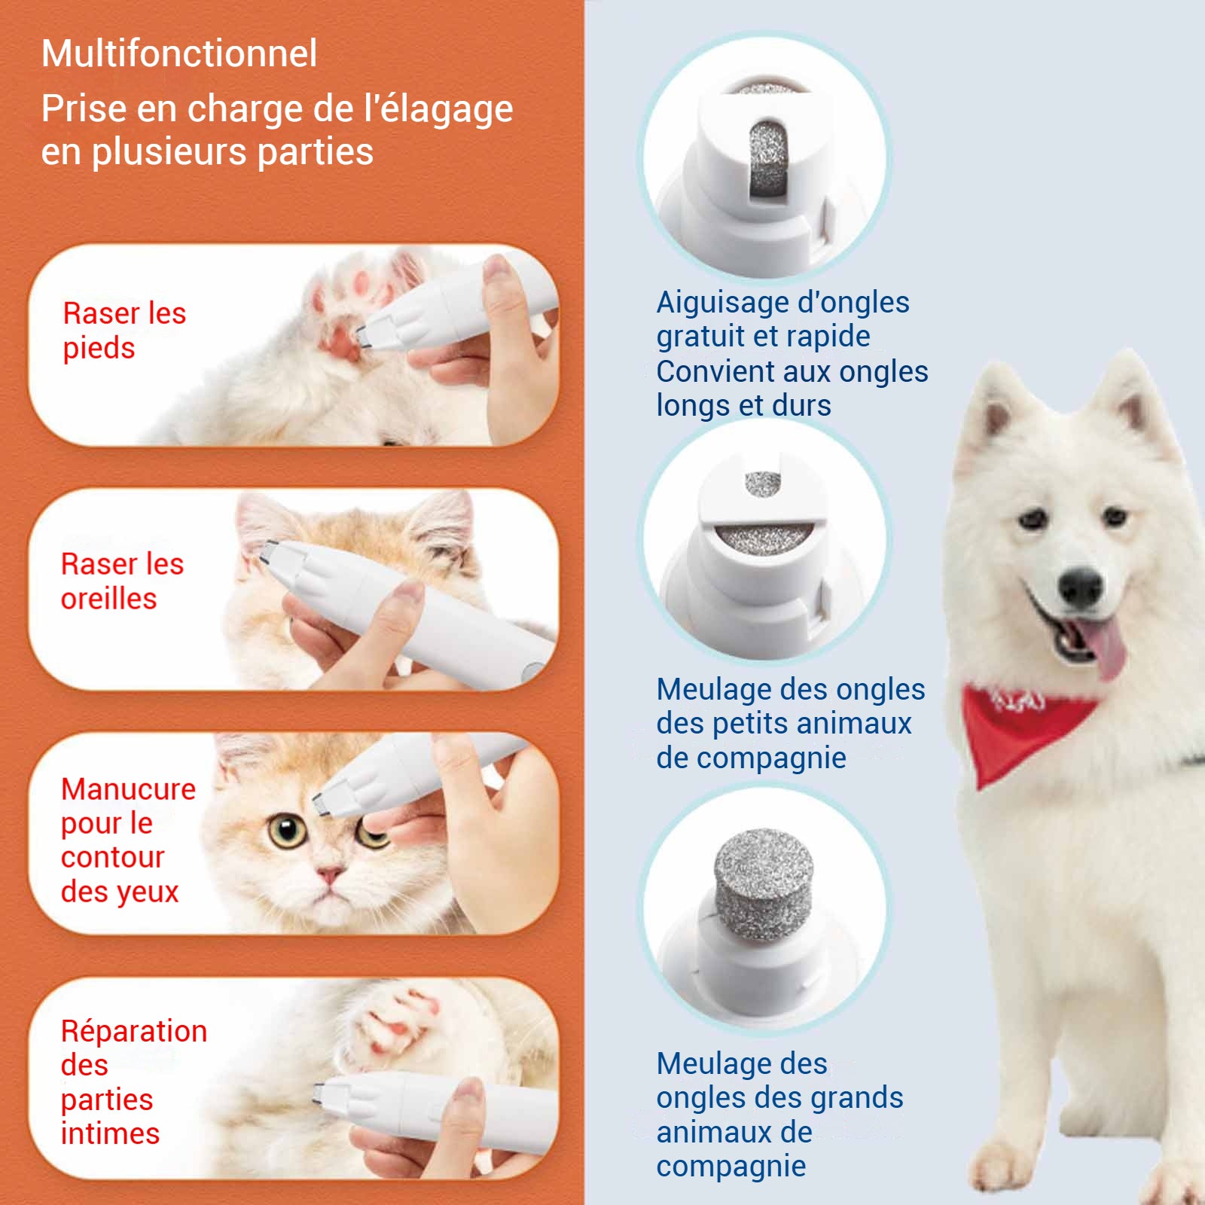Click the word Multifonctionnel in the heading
pyautogui.click(x=179, y=54)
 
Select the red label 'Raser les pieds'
pyautogui.click(x=124, y=331)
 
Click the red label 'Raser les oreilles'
pyautogui.click(x=122, y=581)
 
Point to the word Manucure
pyautogui.click(x=128, y=789)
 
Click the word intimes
pyautogui.click(x=111, y=1133)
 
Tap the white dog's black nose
pyautogui.click(x=1081, y=587)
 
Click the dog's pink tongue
pyautogui.click(x=1103, y=645)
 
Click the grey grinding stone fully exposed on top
pyautogui.click(x=764, y=886)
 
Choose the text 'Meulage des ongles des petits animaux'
pyautogui.click(x=791, y=706)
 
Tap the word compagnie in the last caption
pyautogui.click(x=731, y=1167)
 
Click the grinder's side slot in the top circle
pyautogui.click(x=768, y=157)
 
